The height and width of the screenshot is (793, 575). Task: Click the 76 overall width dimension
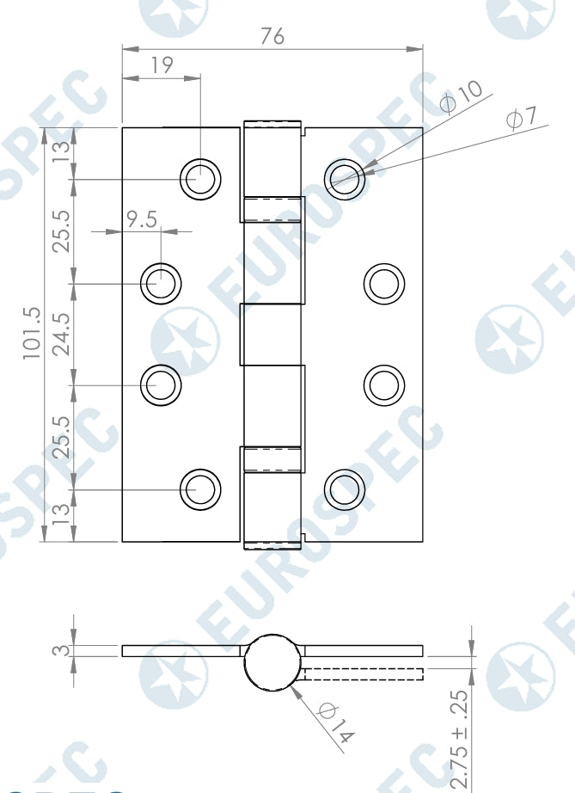[272, 36]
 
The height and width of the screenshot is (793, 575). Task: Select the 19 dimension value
[161, 65]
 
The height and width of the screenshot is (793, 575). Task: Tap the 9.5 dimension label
[142, 219]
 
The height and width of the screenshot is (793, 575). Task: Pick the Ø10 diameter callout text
[462, 95]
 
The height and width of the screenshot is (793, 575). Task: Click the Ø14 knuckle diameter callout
[336, 722]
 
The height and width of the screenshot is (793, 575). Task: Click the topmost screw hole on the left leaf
[200, 179]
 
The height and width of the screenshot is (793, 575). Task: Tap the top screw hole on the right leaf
[346, 179]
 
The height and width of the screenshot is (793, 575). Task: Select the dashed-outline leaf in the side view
[363, 673]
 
